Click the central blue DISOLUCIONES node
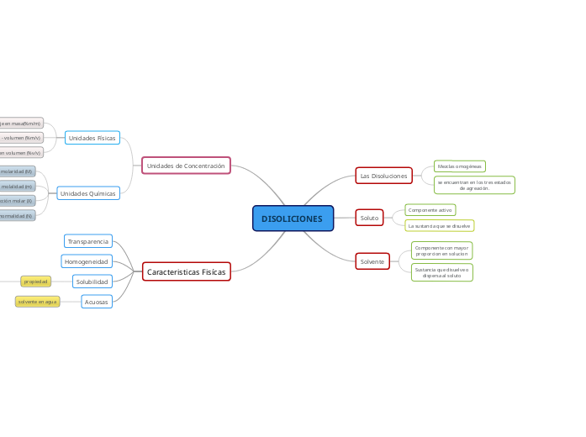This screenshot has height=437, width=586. click(293, 218)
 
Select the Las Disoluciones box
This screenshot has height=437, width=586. click(383, 176)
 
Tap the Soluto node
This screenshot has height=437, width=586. click(369, 218)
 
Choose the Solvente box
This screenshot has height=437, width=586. click(372, 261)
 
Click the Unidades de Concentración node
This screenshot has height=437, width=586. click(186, 166)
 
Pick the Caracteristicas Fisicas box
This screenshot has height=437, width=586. click(186, 271)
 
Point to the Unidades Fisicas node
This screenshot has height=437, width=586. click(92, 138)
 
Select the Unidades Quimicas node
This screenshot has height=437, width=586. click(88, 193)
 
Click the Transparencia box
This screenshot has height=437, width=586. click(88, 241)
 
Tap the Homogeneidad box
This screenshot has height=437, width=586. click(87, 261)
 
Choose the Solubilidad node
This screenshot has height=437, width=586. click(92, 282)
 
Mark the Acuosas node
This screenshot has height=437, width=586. click(97, 301)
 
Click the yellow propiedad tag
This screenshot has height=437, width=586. click(36, 282)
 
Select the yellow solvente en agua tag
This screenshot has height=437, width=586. click(38, 301)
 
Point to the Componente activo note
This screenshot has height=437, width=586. click(430, 210)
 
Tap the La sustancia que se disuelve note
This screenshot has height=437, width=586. click(439, 226)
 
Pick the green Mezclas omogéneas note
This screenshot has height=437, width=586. click(459, 166)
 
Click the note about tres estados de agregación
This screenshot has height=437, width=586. click(474, 185)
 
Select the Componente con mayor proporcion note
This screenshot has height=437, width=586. click(441, 250)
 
